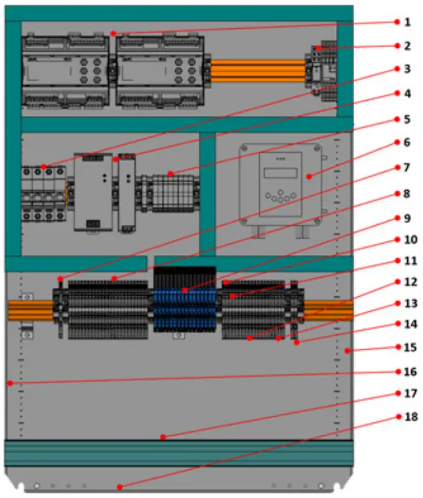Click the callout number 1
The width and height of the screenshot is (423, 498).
(x=407, y=22)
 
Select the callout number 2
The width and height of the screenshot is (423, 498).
(x=407, y=46)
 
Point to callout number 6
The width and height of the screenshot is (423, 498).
(x=407, y=142)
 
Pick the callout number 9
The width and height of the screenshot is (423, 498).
(x=407, y=216)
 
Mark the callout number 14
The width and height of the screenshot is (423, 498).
(x=407, y=324)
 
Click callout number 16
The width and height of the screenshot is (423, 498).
(x=407, y=372)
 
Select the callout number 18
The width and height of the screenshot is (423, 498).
(x=407, y=417)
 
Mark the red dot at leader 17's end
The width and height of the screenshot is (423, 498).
(x=163, y=437)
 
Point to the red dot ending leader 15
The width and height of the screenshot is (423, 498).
(x=348, y=351)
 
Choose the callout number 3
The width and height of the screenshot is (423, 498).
(x=407, y=69)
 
